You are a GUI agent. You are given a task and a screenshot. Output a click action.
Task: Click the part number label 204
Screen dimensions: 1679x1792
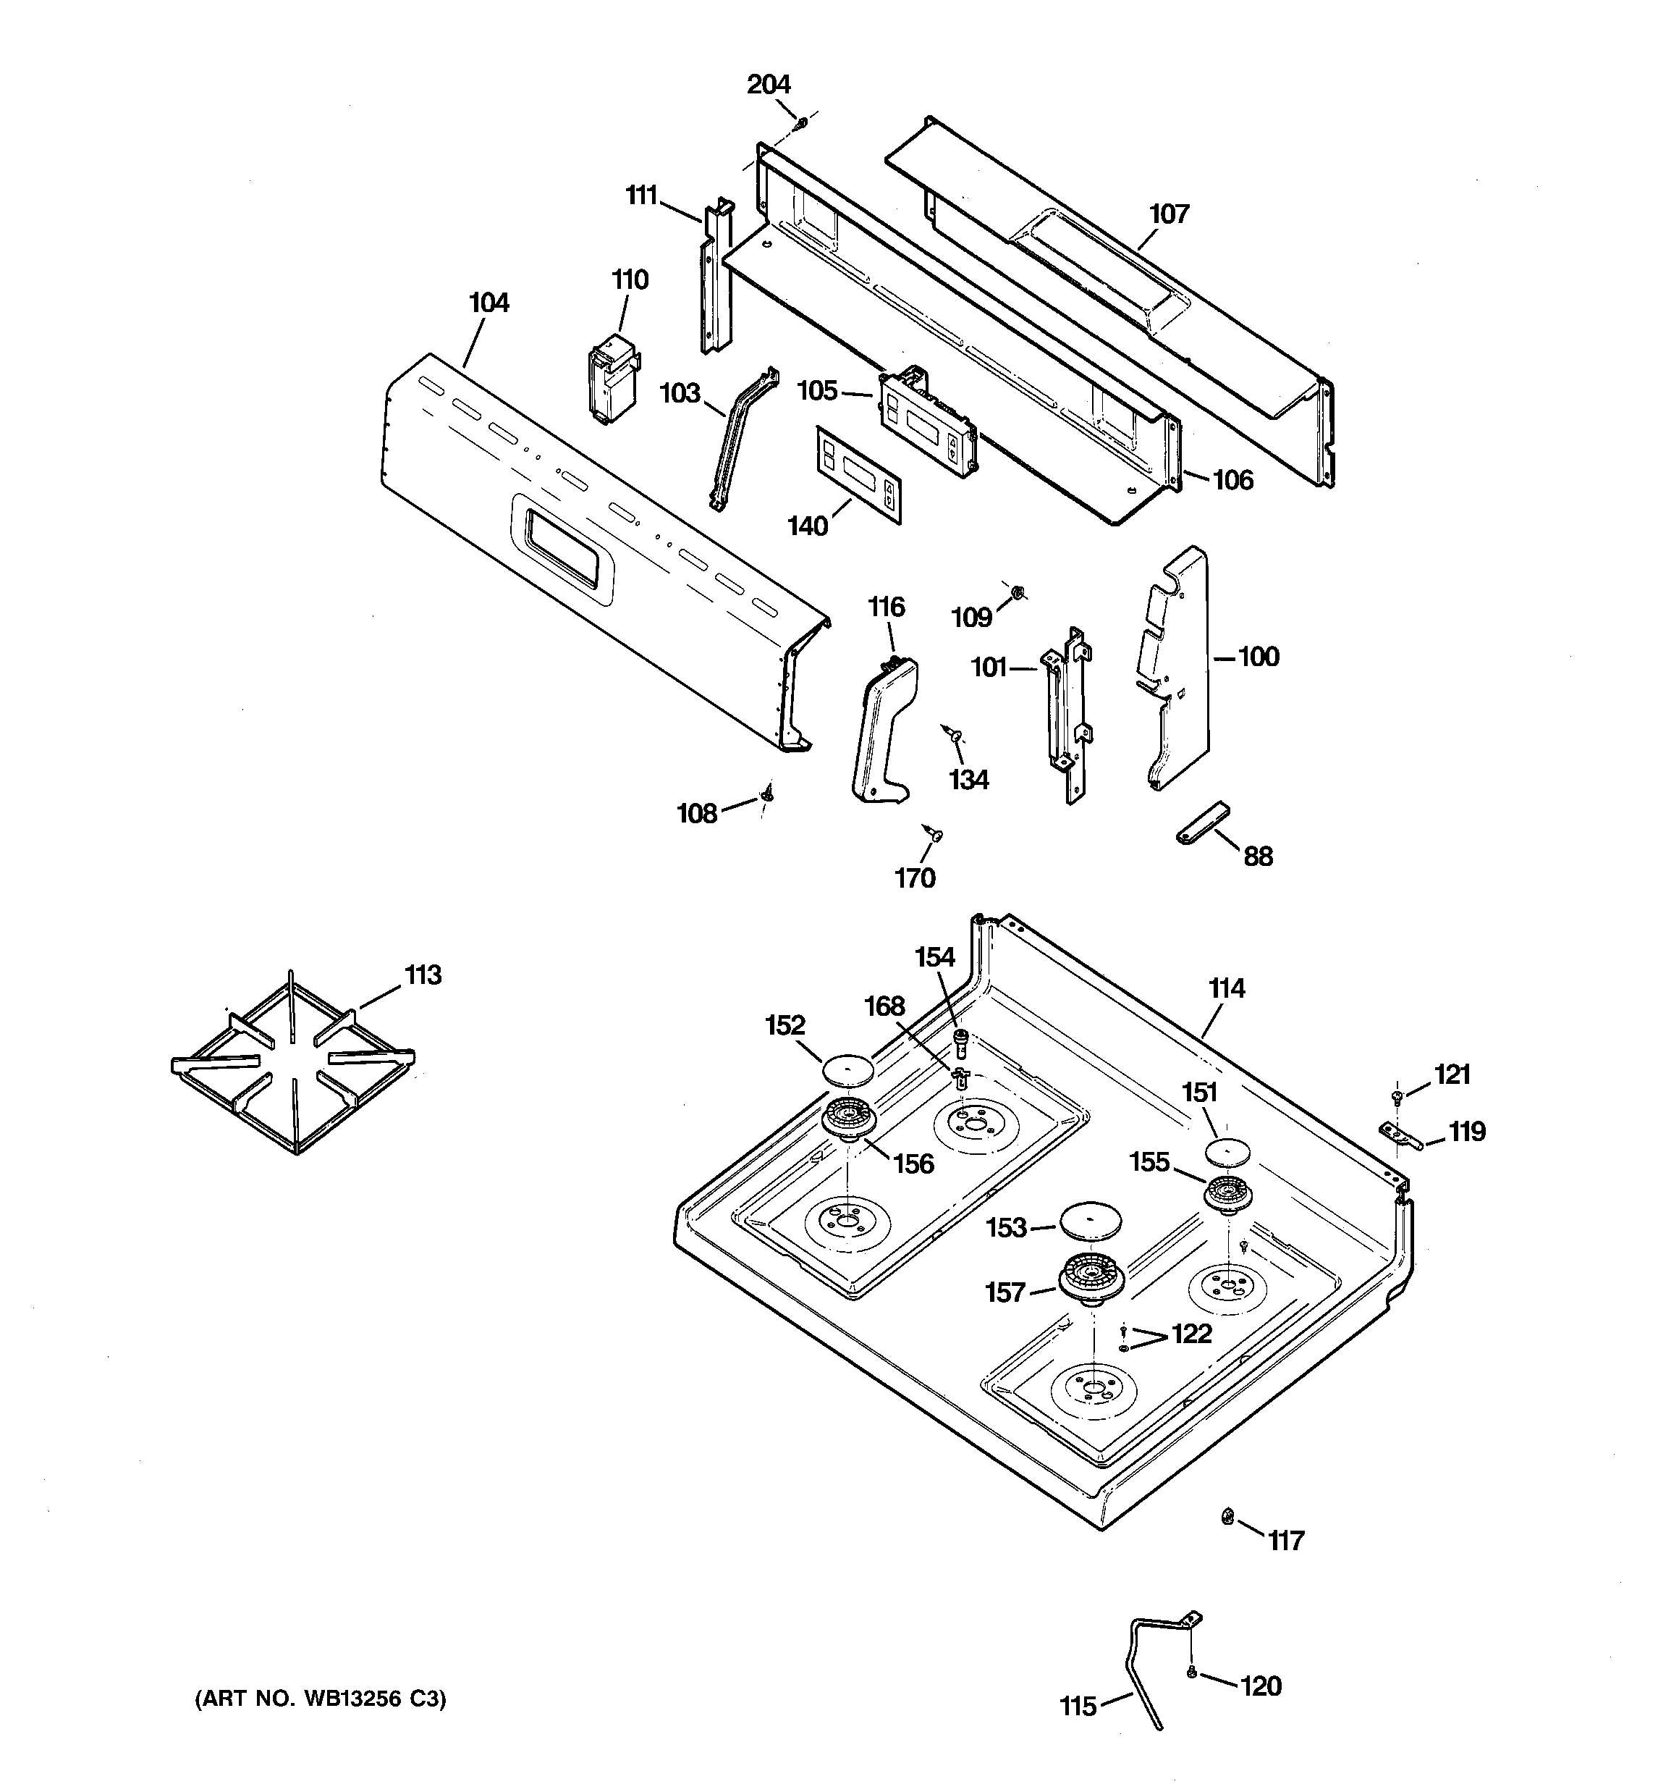[769, 84]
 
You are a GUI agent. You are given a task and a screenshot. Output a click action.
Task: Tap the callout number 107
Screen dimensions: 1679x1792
[1169, 214]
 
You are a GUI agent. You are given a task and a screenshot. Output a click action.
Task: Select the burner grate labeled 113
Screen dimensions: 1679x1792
[293, 1064]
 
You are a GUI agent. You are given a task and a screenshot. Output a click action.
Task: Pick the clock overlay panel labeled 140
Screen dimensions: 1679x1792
[860, 474]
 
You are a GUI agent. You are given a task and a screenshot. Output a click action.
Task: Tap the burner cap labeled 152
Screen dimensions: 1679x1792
[848, 1070]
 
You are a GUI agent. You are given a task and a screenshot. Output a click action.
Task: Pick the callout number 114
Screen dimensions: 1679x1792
[1227, 989]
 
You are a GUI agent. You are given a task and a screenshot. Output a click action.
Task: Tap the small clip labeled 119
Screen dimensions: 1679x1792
[1400, 1137]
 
